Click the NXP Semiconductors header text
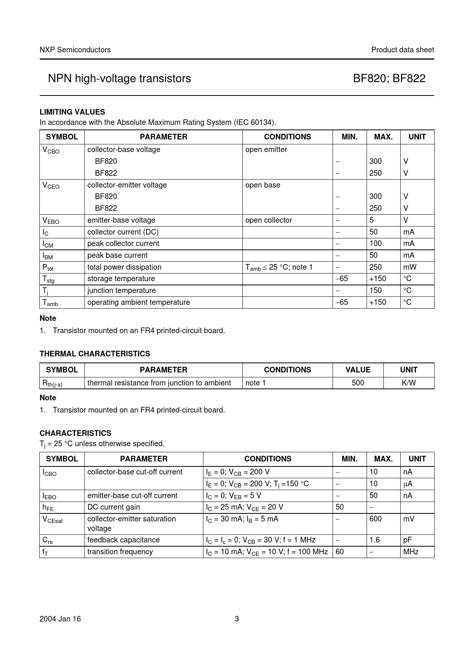pos(75,50)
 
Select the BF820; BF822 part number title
pos(389,79)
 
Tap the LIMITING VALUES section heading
pos(72,112)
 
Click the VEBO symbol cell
pos(51,220)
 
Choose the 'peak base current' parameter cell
pos(117,256)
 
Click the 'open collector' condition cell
pos(268,220)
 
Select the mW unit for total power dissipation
pos(410,267)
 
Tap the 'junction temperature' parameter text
pos(122,291)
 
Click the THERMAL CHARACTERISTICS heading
pos(95,354)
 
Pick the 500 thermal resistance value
pos(358,383)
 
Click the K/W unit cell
pos(409,383)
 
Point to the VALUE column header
pos(358,370)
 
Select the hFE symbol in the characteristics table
pos(48,507)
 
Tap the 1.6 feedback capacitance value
pos(375,540)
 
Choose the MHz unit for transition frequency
pos(411,552)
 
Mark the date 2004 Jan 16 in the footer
pos(60,619)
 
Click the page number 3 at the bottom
pos(237,619)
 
